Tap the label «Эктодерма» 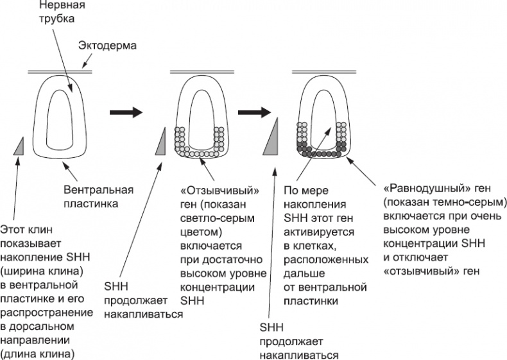[x=107, y=46]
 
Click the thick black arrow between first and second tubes [x=125, y=112]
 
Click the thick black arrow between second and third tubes [x=253, y=112]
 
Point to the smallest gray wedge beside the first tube [x=19, y=148]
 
